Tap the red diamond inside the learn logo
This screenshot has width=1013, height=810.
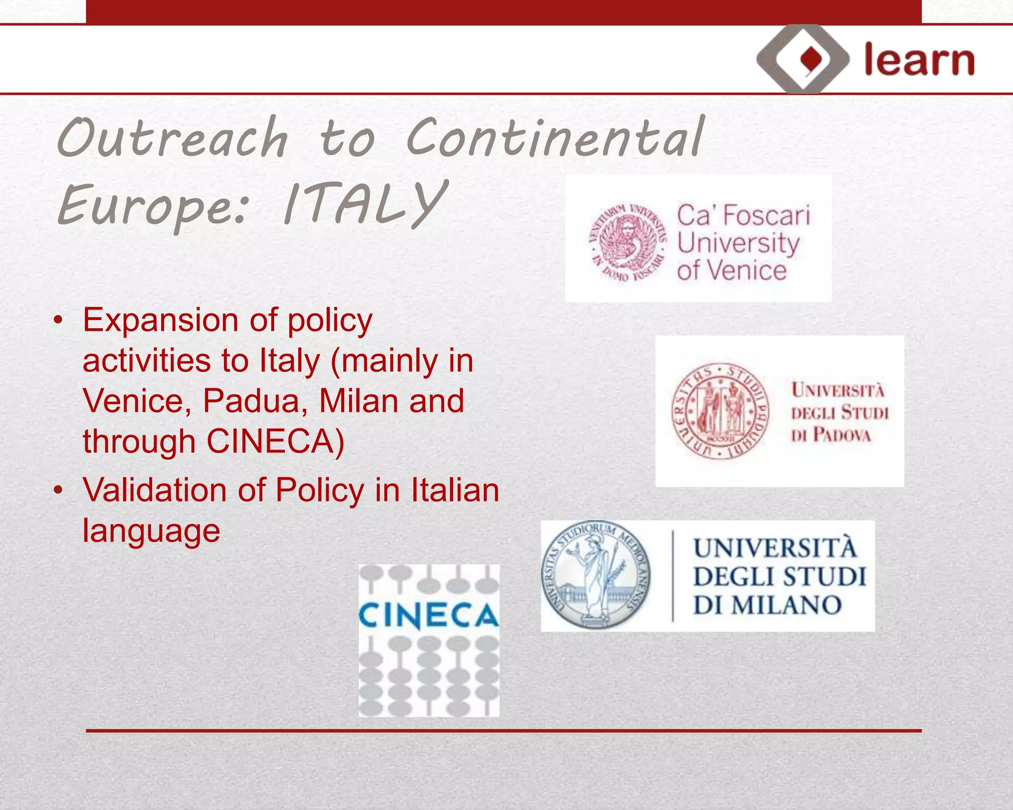(811, 60)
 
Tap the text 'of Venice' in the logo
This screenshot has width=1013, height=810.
(732, 271)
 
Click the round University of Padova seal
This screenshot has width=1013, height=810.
(720, 411)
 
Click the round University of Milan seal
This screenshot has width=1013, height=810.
(596, 575)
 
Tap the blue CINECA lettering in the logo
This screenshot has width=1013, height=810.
(428, 616)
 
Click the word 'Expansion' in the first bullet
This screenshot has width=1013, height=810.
(160, 320)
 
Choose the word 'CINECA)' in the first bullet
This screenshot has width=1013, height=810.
(276, 441)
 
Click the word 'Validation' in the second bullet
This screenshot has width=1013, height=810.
(155, 490)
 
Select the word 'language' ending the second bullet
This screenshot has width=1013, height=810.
(151, 531)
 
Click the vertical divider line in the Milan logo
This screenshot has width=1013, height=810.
(673, 576)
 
